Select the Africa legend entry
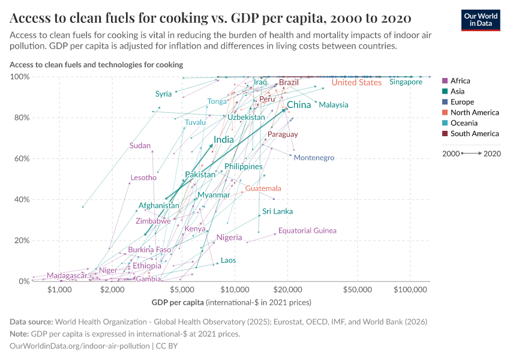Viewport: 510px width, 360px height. (x=460, y=81)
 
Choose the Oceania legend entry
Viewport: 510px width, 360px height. (x=464, y=123)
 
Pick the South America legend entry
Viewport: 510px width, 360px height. (x=474, y=134)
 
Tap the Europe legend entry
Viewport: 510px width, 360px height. (x=462, y=102)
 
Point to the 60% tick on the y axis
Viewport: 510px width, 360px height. (x=20, y=159)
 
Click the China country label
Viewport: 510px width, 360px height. (x=299, y=105)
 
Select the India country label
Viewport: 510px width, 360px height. (x=224, y=140)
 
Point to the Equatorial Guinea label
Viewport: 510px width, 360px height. (x=307, y=230)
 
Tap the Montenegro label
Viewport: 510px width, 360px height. (x=314, y=158)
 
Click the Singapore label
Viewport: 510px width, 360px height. (x=406, y=82)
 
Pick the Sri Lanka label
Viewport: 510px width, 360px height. (x=278, y=211)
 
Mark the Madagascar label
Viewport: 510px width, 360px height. (x=67, y=275)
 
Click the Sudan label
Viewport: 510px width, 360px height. (x=140, y=146)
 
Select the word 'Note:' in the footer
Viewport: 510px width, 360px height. (x=20, y=334)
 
